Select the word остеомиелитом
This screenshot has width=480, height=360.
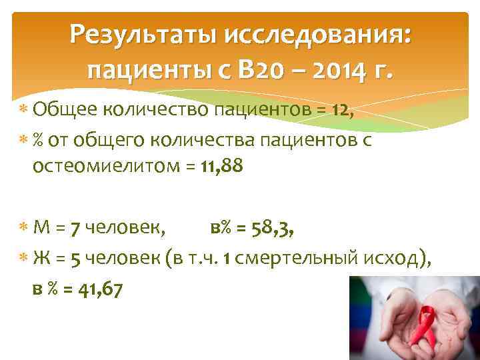coord(105,168)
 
